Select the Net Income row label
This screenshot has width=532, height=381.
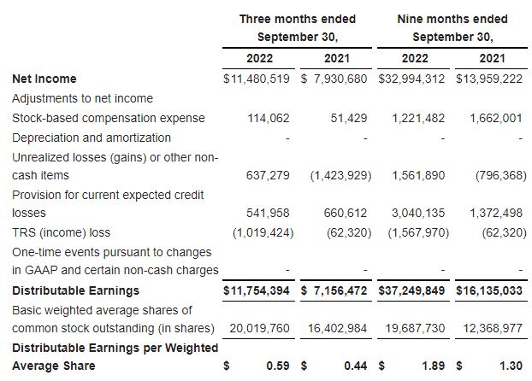44,79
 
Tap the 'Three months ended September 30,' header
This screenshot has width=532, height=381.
297,28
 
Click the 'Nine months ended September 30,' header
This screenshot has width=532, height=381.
452,28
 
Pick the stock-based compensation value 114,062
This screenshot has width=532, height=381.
268,118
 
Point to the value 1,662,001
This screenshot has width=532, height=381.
495,118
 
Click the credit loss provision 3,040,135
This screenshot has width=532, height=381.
418,213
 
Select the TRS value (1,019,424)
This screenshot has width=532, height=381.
262,232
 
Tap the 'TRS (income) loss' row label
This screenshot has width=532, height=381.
61,232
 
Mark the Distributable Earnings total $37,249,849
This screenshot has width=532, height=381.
415,291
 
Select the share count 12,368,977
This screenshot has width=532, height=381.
492,327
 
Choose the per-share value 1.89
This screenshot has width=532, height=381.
435,366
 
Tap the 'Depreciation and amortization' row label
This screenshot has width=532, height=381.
91,138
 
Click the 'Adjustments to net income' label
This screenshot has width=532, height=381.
82,98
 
